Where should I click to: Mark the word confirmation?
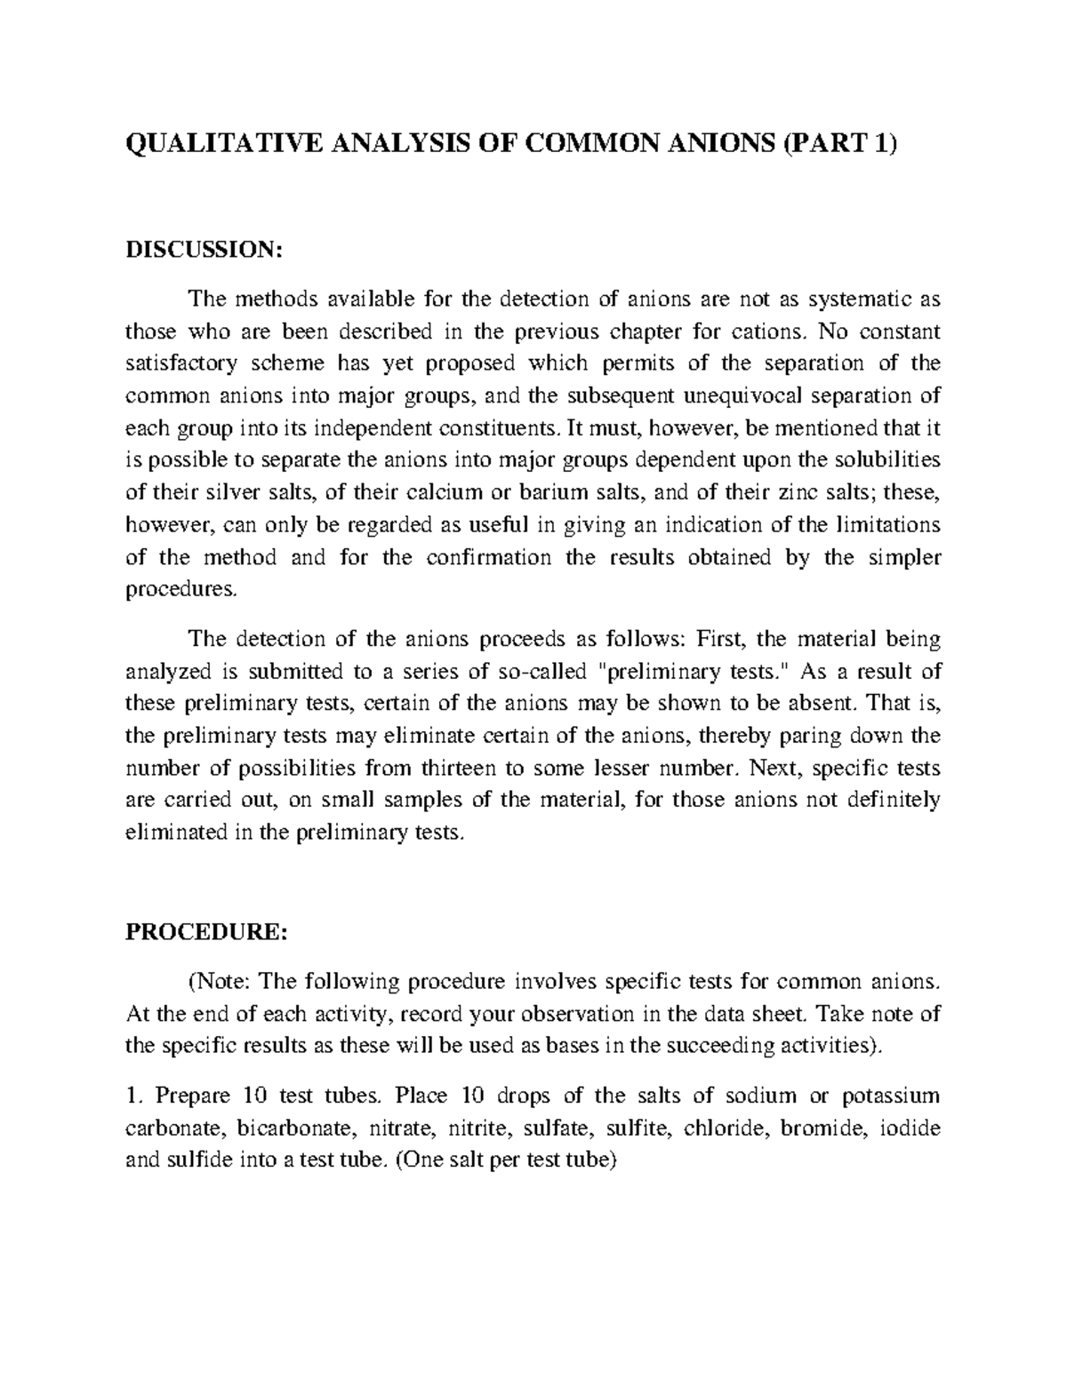click(490, 557)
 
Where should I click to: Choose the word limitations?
click(886, 524)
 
